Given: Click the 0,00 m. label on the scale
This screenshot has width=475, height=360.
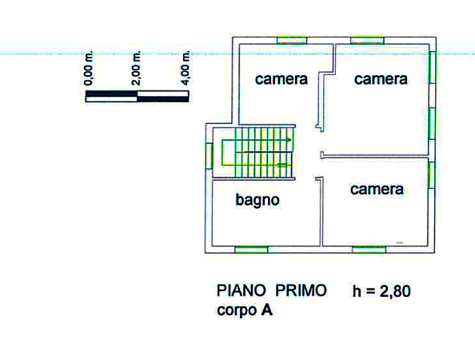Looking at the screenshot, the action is point(89,69).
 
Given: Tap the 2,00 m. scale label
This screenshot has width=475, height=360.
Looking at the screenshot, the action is point(136,68).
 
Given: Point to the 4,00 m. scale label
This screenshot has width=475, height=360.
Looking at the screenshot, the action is point(186,68).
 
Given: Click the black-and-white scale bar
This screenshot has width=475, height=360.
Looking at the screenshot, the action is point(138,96).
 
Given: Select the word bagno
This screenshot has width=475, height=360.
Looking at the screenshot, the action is point(257,200).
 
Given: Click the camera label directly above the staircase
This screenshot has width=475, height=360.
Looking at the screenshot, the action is point(281,79).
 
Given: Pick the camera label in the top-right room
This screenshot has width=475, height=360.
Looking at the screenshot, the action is point(381,79).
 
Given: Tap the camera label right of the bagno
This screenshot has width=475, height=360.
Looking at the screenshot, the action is point(377,190).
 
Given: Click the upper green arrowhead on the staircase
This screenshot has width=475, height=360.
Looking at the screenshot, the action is point(289,140).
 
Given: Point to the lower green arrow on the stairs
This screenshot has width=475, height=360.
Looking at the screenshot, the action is point(282,165).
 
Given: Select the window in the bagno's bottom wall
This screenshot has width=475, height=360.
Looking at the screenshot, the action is point(251,250).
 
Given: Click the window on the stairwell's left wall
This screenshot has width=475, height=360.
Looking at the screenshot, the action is point(209,156).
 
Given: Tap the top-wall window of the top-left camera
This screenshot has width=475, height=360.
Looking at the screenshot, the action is point(292,40).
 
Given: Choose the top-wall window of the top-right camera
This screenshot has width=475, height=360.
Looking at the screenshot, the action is point(367,40).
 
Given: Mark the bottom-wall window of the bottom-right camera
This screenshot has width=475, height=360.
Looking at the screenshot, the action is point(369,250).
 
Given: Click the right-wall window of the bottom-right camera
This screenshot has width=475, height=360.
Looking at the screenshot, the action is point(432,175).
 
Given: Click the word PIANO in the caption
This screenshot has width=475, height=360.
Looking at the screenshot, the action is point(241,290).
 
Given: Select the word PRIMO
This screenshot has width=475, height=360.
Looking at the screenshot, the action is point(301,290).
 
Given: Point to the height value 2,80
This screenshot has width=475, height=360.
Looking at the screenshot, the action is point(395,291).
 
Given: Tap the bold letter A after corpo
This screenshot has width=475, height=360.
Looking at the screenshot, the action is point(266,310).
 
